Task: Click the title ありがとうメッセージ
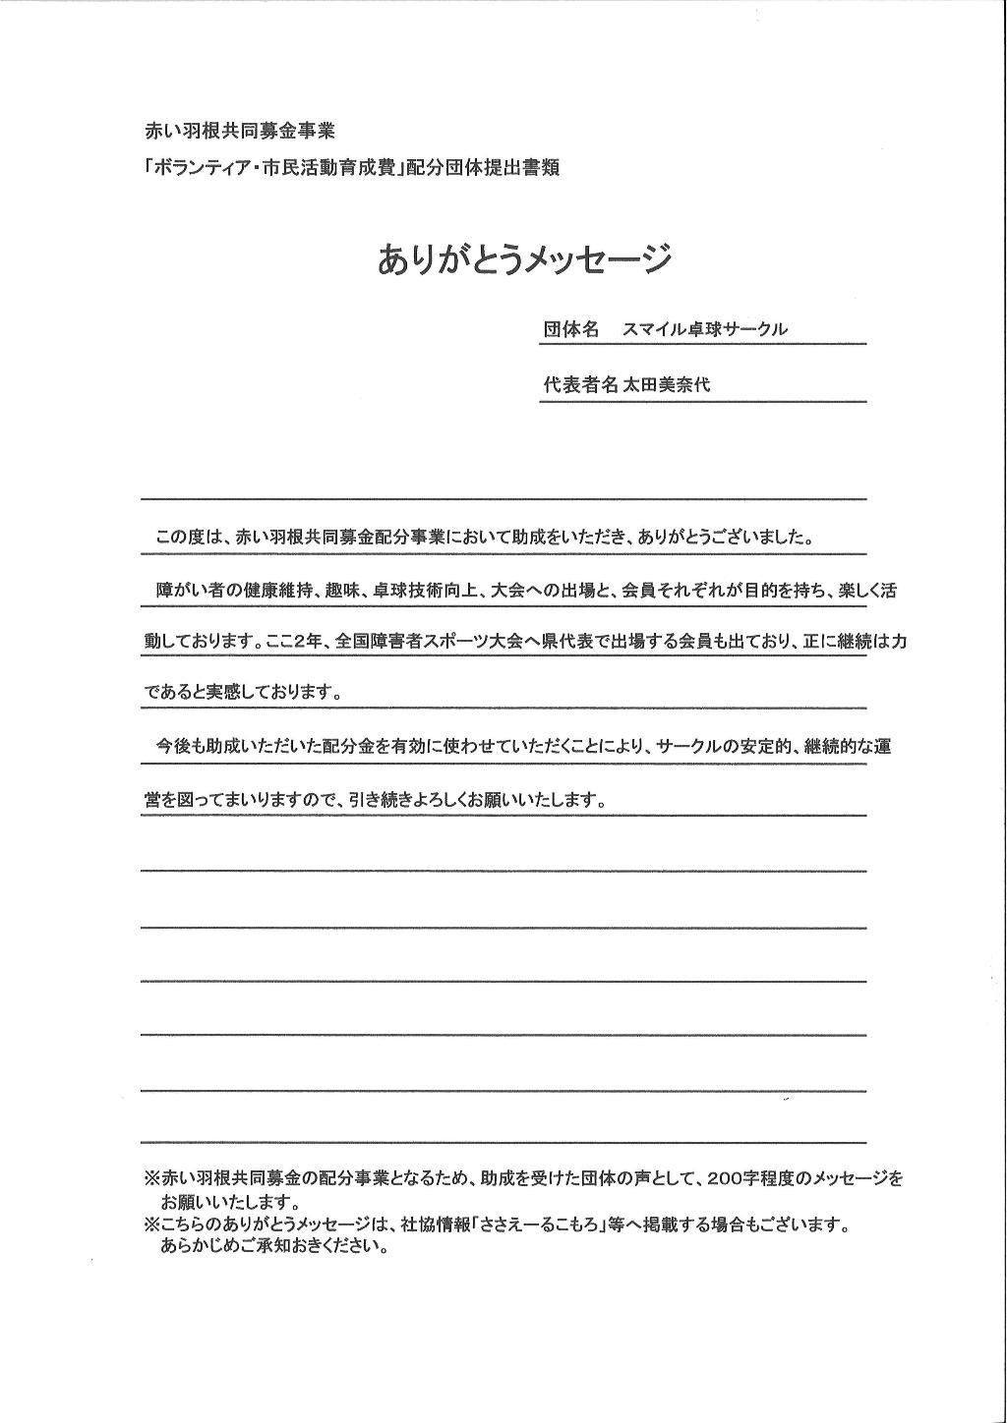tap(524, 259)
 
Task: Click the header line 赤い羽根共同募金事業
tap(240, 131)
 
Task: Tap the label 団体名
tap(570, 329)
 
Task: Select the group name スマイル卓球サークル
tap(705, 330)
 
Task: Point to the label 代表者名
tap(580, 385)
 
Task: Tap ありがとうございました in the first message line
tap(726, 538)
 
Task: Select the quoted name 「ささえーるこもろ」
tap(547, 1225)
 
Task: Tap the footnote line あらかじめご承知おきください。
tap(274, 1249)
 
